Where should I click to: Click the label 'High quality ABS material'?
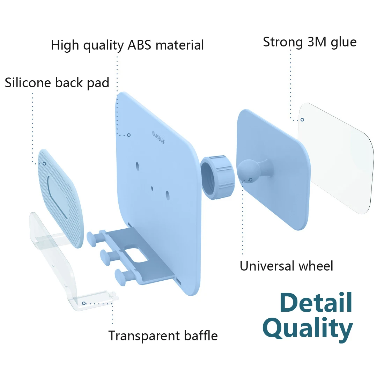tap(127, 45)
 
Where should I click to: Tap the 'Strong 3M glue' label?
tap(310, 42)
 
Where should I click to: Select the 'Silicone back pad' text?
tap(57, 83)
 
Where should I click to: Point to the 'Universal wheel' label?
tap(286, 266)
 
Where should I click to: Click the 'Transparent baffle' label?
tap(163, 336)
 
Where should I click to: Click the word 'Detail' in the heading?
tap(316, 302)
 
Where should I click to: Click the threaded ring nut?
tap(217, 177)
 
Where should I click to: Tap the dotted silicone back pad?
tap(60, 198)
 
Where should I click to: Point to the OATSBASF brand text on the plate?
tap(159, 138)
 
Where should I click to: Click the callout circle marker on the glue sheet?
tap(302, 120)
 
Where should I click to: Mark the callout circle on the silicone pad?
tap(44, 164)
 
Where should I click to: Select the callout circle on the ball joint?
tap(251, 180)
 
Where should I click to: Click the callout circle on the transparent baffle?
tap(84, 303)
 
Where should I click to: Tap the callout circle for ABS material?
tap(129, 135)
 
